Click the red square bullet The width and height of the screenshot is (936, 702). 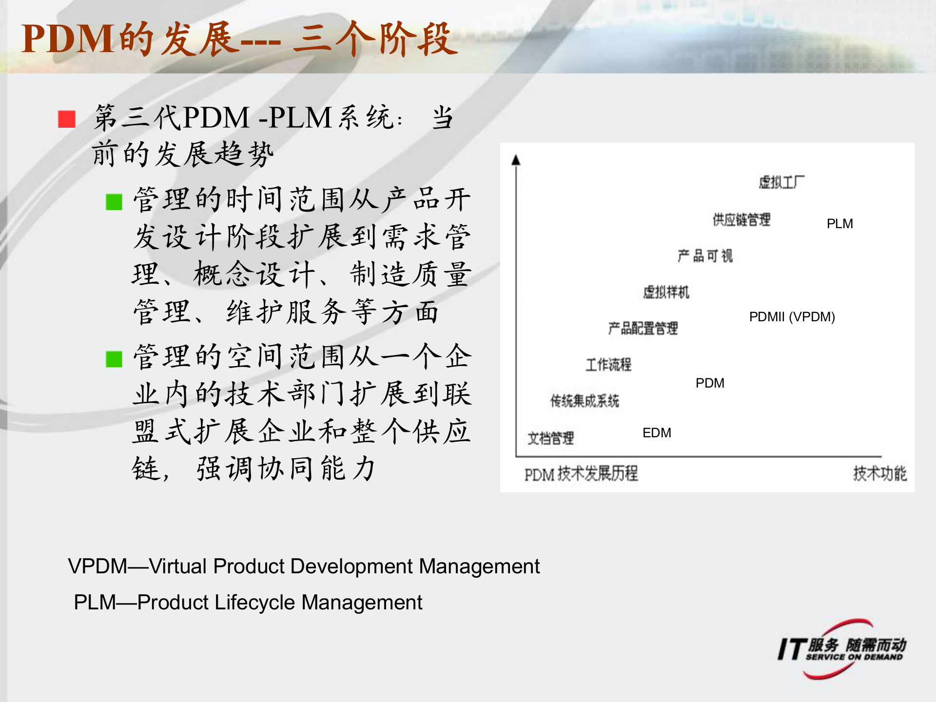point(66,119)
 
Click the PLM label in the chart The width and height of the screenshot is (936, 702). point(839,224)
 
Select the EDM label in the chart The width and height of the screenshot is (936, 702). point(657,433)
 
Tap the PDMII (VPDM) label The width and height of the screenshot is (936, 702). point(792,317)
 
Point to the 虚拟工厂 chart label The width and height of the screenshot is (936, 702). point(781,182)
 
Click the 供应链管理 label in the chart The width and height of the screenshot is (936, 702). point(741,220)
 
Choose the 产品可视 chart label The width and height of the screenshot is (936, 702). point(705,256)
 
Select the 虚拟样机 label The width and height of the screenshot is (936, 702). point(666,292)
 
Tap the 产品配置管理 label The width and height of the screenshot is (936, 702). point(643,328)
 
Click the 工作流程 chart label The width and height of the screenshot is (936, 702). point(608,364)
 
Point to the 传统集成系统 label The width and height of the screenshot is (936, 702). point(585,401)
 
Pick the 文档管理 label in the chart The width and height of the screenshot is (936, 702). point(550,438)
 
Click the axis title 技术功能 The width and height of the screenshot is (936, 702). point(879,473)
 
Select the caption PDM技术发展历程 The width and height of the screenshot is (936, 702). point(581,473)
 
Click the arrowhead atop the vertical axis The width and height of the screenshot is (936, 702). point(516,160)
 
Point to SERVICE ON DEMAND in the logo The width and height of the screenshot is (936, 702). point(854,657)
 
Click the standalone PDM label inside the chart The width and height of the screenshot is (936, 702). point(710,383)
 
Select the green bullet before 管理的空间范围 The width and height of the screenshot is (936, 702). point(114,359)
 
